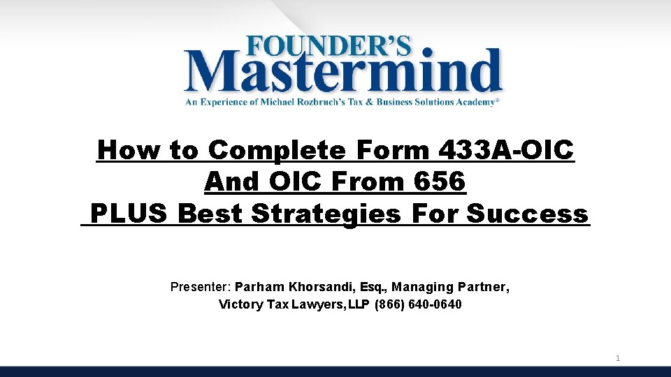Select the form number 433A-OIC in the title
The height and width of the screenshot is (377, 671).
click(x=504, y=150)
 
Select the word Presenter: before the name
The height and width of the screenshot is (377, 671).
click(x=201, y=287)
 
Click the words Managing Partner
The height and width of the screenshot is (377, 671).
click(x=451, y=287)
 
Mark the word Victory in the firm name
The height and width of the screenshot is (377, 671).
click(x=238, y=304)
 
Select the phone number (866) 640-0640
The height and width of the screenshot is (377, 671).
click(x=419, y=304)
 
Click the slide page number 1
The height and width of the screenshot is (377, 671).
click(x=618, y=359)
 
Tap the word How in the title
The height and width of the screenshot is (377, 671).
click(x=123, y=150)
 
